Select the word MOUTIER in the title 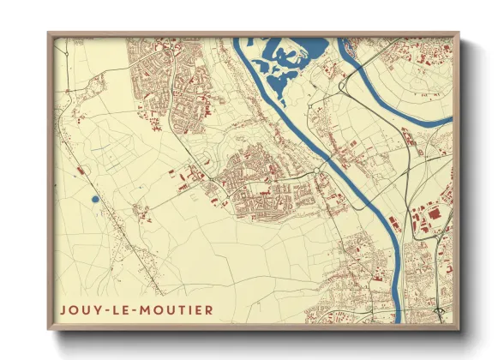tap(177, 309)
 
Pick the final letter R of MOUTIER tap(210, 309)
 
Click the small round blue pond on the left tap(94, 200)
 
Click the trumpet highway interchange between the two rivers tap(343, 87)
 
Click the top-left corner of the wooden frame tap(49, 33)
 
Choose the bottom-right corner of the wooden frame tap(459, 328)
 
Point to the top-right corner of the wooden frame tap(459, 33)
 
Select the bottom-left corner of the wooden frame tap(49, 328)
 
